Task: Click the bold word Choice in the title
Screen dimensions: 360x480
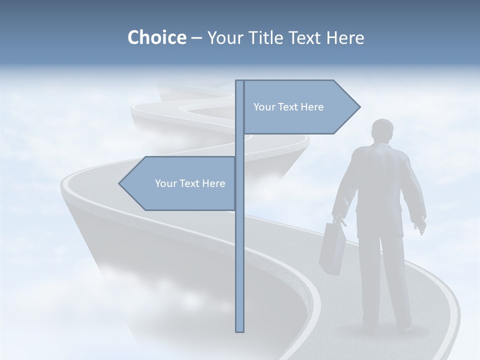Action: (x=156, y=38)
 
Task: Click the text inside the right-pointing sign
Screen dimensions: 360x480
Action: (x=288, y=107)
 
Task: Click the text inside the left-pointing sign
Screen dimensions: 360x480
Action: (x=190, y=183)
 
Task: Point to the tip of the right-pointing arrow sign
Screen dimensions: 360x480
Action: (x=359, y=107)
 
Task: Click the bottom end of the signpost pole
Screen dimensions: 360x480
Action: (x=240, y=330)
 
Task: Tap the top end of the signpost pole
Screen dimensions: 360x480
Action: (x=240, y=81)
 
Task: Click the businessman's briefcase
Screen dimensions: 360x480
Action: (x=332, y=248)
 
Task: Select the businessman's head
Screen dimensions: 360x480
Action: (x=382, y=130)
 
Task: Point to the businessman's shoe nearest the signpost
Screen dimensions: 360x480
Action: (x=368, y=330)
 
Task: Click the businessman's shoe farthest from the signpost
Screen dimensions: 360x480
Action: (x=403, y=328)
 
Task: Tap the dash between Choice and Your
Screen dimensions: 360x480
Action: (x=196, y=38)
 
